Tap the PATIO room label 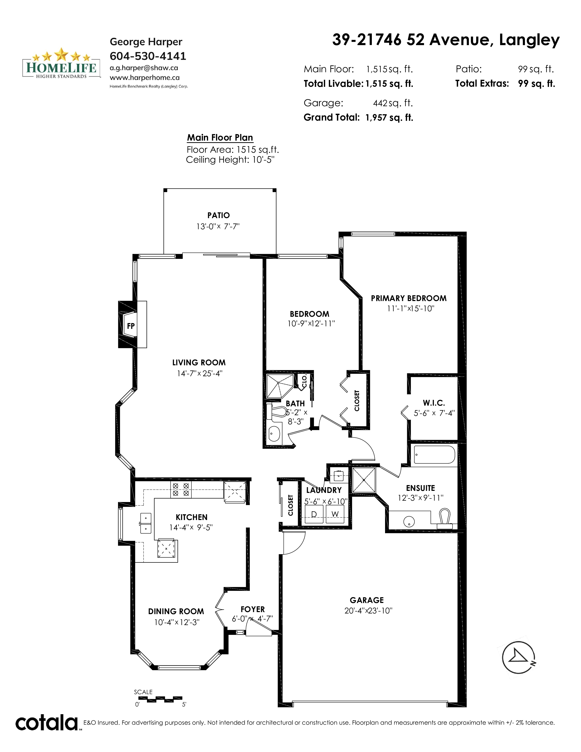(219, 216)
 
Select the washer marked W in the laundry (335, 514)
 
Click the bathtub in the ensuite (434, 455)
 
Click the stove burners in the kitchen (181, 489)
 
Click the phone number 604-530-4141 (148, 56)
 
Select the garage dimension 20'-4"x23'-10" (368, 610)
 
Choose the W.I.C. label (434, 403)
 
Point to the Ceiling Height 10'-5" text (230, 160)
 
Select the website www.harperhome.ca (144, 78)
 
